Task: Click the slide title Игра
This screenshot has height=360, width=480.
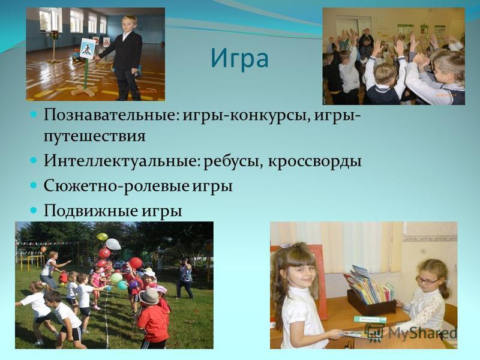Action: pyautogui.click(x=239, y=59)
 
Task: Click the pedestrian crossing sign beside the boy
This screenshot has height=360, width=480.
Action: pyautogui.click(x=86, y=49)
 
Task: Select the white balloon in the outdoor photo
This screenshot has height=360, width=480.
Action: pyautogui.click(x=113, y=244)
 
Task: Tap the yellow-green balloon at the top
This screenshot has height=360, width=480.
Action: pyautogui.click(x=102, y=236)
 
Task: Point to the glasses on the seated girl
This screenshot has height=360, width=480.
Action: pyautogui.click(x=426, y=280)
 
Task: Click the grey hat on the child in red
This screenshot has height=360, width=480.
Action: pyautogui.click(x=149, y=296)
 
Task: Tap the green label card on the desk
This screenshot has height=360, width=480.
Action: pyautogui.click(x=370, y=320)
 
